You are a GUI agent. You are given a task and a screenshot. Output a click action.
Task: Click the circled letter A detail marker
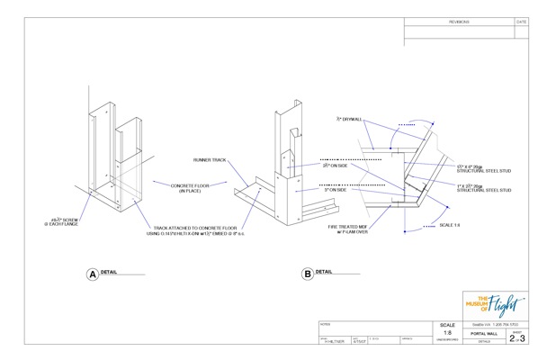(91, 274)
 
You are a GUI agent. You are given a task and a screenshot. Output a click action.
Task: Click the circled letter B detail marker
(308, 274)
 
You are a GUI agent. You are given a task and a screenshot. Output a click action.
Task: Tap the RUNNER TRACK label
(210, 160)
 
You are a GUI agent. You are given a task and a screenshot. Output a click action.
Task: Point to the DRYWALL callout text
(348, 118)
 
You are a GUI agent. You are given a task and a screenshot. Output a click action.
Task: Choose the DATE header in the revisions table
(521, 20)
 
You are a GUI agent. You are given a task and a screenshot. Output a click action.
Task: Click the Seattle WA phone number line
(496, 323)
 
